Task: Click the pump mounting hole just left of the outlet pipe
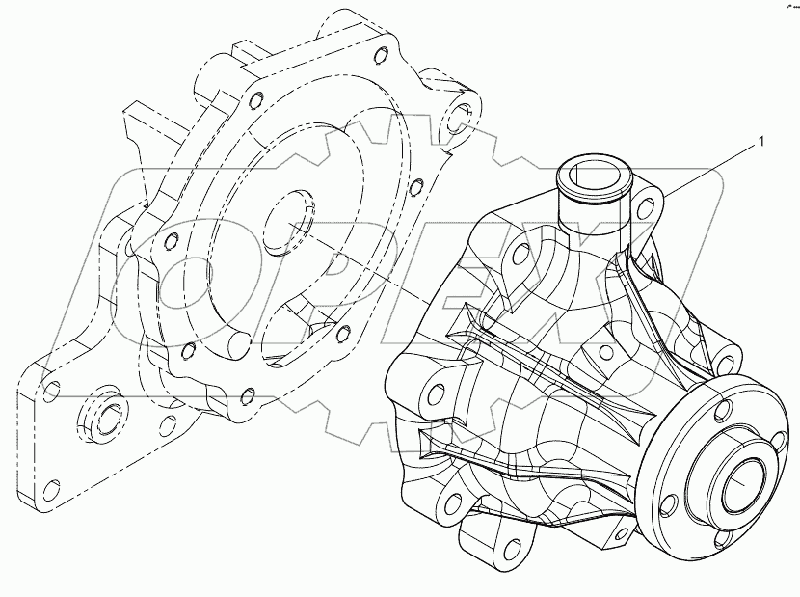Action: (x=520, y=254)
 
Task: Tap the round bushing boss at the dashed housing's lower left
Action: (x=101, y=416)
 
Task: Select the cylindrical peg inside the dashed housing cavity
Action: (x=237, y=341)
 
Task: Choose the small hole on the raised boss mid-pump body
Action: (x=604, y=354)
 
